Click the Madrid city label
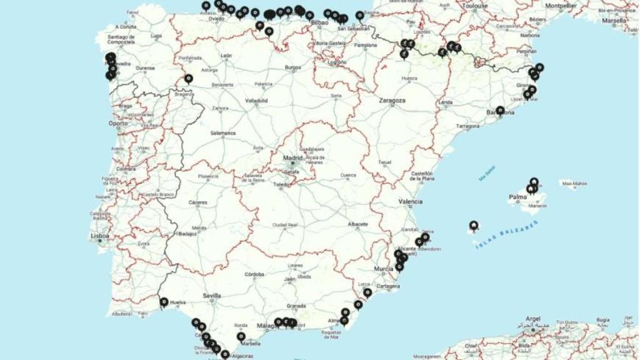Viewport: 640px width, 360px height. tap(292, 157)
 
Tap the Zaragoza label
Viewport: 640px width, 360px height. tap(392, 100)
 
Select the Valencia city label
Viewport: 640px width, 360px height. tap(411, 201)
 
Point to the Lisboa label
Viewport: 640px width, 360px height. tap(100, 236)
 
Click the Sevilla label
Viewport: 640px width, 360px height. tap(212, 295)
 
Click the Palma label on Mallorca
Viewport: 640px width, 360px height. tap(517, 197)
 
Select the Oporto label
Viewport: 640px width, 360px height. tap(117, 123)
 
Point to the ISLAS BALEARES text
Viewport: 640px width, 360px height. tap(506, 234)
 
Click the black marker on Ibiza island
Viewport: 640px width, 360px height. tap(474, 225)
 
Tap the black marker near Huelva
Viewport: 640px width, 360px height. tap(164, 302)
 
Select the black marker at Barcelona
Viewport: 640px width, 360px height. tap(500, 110)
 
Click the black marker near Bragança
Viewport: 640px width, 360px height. tap(188, 78)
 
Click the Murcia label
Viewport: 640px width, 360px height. tap(383, 269)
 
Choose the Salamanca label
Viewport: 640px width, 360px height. tap(223, 133)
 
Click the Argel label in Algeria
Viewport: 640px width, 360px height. tap(533, 319)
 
